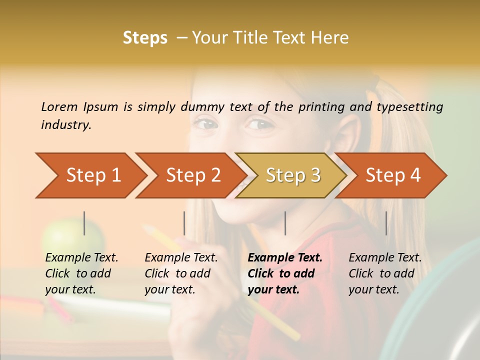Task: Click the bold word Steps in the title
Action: point(145,38)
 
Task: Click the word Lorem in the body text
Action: point(59,106)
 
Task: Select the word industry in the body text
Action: point(66,124)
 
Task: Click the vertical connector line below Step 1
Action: point(84,223)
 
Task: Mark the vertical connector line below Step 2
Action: point(184,223)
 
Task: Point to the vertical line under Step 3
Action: point(285,223)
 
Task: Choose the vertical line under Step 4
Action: point(386,223)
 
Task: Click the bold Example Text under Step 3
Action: point(285,258)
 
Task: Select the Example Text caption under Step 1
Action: point(81,258)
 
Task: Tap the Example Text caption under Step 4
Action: point(385,258)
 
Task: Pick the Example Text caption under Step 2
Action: point(181,258)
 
